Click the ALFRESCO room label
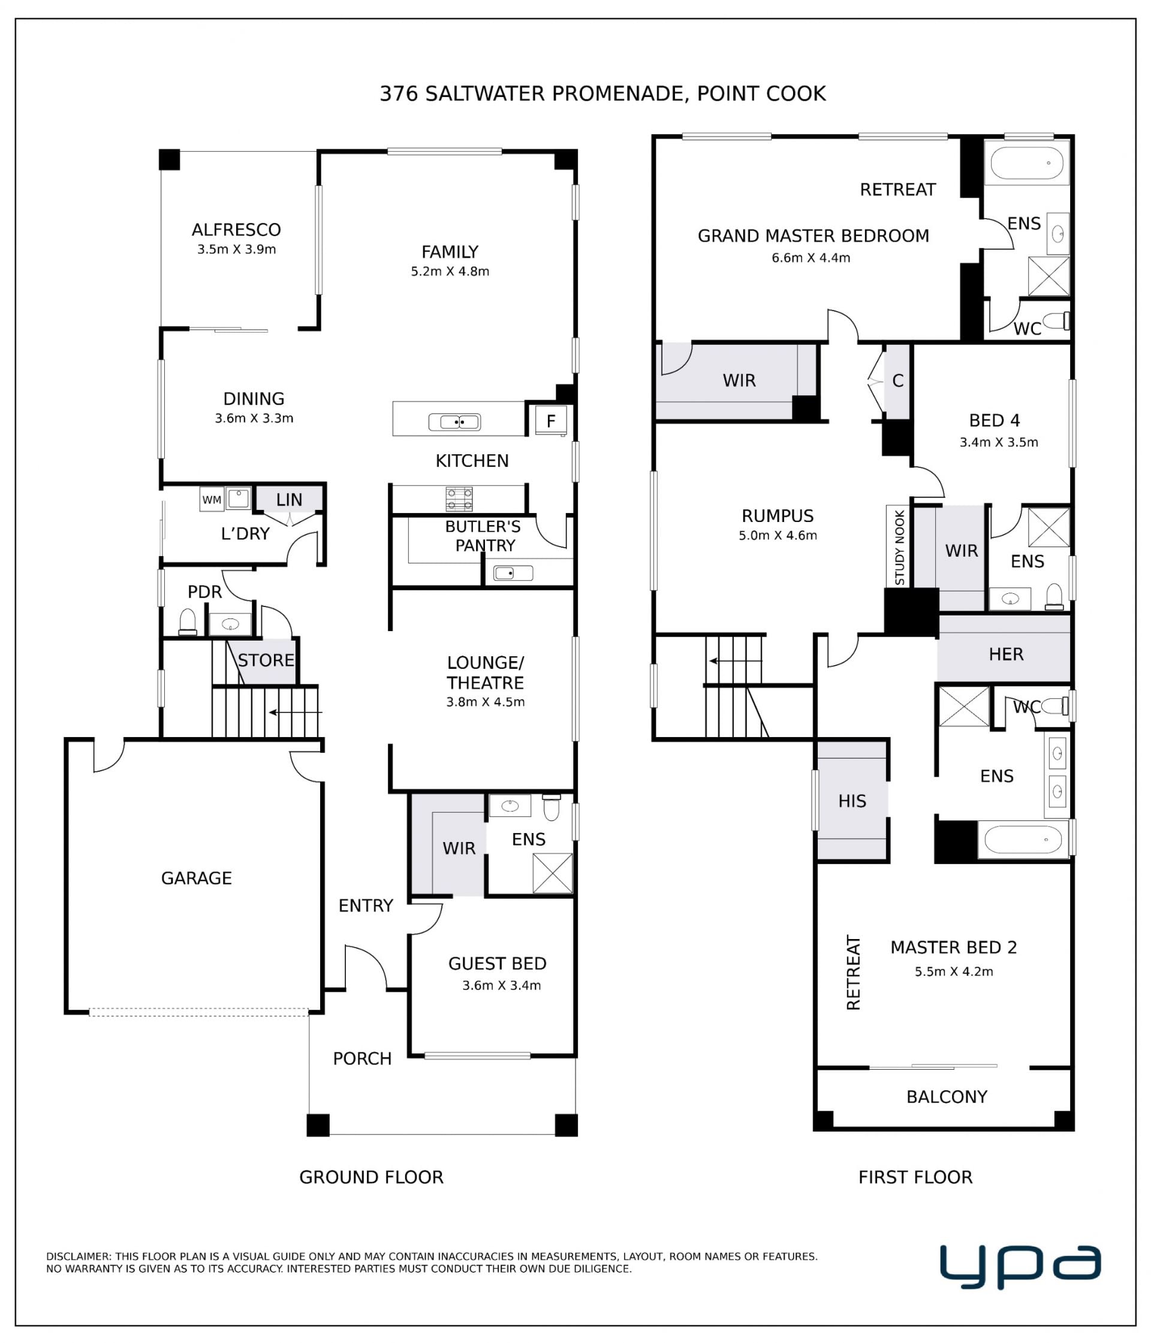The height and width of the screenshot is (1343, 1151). (236, 230)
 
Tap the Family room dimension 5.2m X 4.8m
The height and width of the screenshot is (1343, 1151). (450, 271)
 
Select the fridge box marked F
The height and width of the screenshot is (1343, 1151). (551, 421)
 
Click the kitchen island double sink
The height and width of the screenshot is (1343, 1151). (454, 422)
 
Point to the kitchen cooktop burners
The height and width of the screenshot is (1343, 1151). (459, 499)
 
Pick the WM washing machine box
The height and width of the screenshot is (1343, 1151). (212, 500)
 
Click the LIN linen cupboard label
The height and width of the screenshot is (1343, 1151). (288, 500)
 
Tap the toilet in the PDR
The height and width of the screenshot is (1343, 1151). (188, 622)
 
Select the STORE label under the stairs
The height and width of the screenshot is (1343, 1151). (266, 660)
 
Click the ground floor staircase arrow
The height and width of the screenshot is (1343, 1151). (296, 713)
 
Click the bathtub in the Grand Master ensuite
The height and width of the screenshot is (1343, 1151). (1026, 162)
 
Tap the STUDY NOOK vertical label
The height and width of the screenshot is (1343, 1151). (899, 548)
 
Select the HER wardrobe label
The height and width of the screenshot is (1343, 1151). (1006, 654)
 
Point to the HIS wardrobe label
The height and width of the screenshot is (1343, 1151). (852, 801)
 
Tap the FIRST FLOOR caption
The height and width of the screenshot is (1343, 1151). (915, 1177)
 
